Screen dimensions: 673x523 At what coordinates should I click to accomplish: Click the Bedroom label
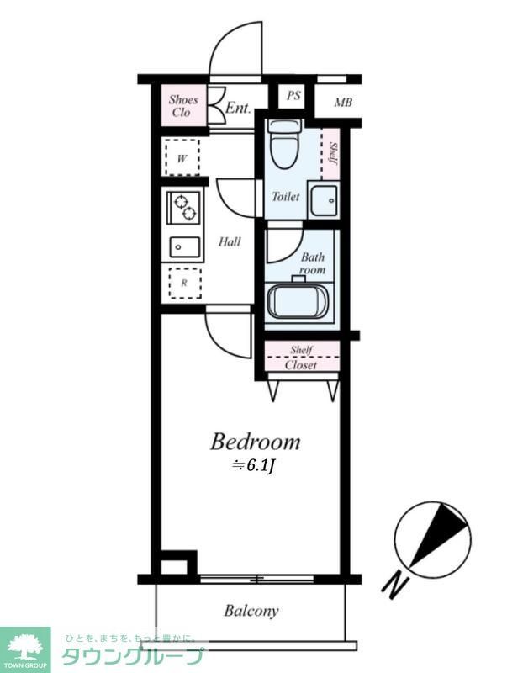[x=255, y=441]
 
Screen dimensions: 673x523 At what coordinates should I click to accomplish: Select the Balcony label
[x=251, y=612]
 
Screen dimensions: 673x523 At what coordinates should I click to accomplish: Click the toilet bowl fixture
[x=285, y=144]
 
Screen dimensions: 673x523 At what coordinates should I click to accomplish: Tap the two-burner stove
[x=184, y=207]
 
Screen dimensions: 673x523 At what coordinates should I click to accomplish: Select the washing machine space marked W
[x=182, y=157]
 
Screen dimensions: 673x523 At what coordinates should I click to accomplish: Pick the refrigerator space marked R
[x=184, y=283]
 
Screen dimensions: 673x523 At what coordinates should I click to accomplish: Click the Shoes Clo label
[x=183, y=106]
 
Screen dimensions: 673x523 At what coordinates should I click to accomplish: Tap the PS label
[x=293, y=96]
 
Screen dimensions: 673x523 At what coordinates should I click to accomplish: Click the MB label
[x=343, y=103]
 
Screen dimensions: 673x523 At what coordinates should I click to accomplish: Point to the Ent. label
[x=238, y=108]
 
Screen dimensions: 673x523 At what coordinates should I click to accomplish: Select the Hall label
[x=230, y=242]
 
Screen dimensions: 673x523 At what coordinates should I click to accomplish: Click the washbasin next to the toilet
[x=323, y=200]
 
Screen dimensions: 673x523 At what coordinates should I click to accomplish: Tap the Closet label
[x=301, y=365]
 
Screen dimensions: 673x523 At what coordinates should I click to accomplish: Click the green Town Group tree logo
[x=24, y=646]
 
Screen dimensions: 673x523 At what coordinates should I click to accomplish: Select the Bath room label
[x=313, y=263]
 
